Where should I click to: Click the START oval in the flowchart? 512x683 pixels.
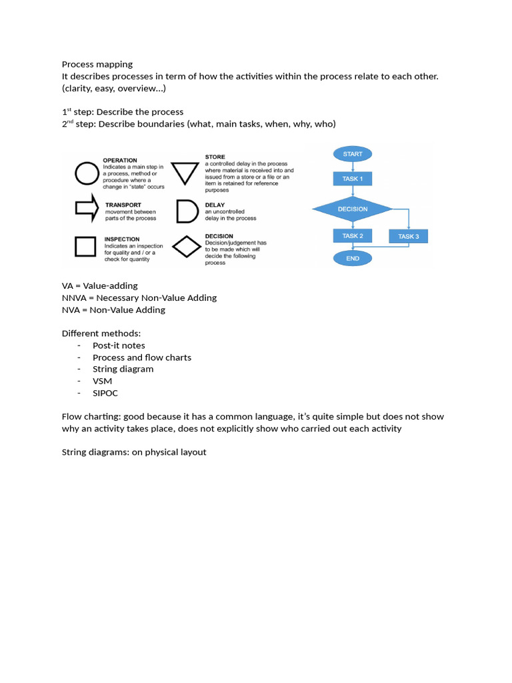pos(353,154)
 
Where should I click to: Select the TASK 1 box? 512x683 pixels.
pos(353,179)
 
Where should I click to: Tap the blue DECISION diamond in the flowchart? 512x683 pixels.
pos(353,209)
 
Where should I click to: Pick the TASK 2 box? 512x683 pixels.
pos(353,236)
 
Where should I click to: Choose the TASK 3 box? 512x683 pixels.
pos(408,236)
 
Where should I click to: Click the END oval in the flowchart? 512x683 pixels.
pos(353,258)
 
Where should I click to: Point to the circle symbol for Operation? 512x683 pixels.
pos(86,175)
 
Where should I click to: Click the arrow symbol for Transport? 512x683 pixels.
pos(86,209)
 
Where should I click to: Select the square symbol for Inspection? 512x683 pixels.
pos(86,247)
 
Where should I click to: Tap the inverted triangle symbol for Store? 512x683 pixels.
pos(186,173)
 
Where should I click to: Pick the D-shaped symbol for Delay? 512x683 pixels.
pos(186,211)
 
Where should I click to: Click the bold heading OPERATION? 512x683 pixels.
pos(120,160)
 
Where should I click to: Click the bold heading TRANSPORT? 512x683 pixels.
pos(123,205)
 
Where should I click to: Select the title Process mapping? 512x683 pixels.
pos(97,64)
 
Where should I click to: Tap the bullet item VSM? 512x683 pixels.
pos(103,381)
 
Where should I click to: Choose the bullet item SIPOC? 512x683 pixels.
pos(105,393)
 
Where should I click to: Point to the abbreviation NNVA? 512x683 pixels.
pos(73,297)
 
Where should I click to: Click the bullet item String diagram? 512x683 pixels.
pos(123,369)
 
